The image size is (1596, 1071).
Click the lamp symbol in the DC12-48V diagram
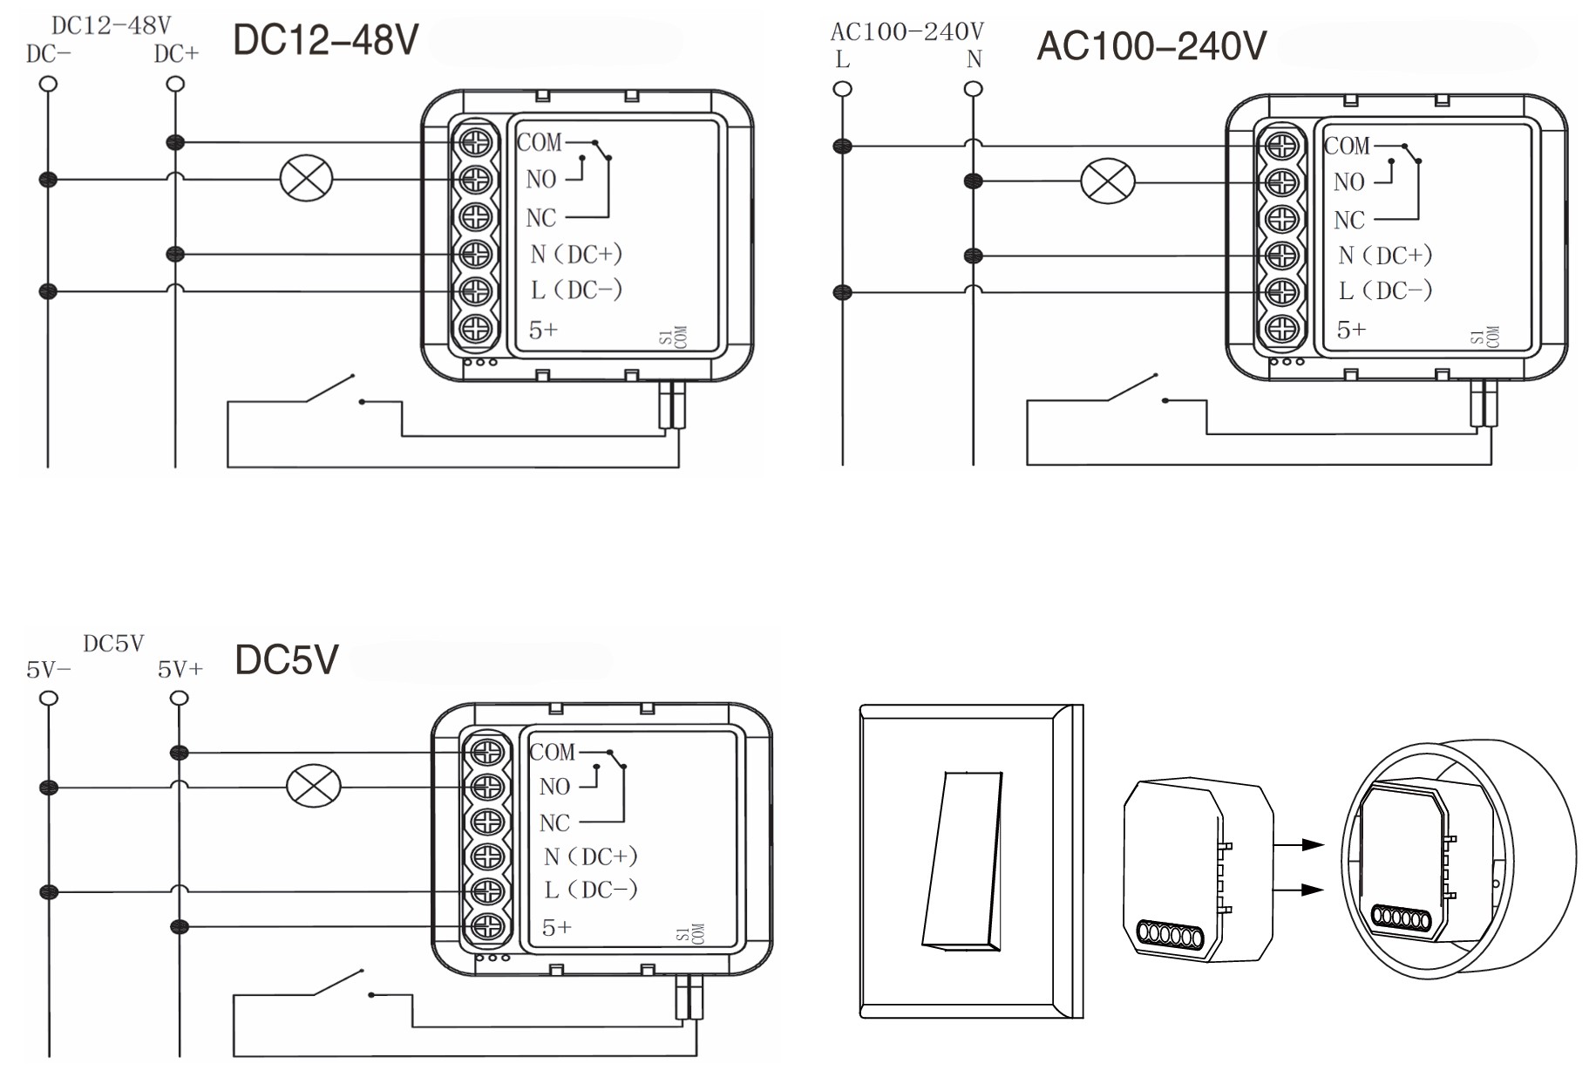coord(306,179)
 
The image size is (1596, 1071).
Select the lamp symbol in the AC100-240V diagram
coord(1107,181)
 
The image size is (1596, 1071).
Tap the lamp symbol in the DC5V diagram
coord(314,786)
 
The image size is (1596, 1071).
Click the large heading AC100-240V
coord(1151,45)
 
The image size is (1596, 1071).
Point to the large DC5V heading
coord(286,659)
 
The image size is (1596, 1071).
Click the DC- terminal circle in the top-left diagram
coord(49,84)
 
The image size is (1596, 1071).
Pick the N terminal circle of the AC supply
coord(974,89)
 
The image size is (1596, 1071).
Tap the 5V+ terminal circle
coord(180,698)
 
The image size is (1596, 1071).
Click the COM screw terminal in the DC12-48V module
coord(476,142)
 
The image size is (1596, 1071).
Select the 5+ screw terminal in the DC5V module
coord(487,926)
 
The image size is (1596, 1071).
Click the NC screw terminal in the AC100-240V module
coord(1281,219)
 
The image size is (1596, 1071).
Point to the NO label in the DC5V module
coord(554,787)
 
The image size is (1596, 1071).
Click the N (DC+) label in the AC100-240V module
coord(1385,256)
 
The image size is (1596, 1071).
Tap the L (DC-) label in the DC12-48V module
coord(576,290)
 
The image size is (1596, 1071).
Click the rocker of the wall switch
coord(962,859)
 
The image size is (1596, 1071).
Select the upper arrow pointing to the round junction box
coord(1300,844)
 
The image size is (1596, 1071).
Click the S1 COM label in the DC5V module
coord(689,934)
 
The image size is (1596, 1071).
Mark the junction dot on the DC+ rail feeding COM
coord(175,142)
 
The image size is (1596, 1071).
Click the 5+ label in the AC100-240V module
coord(1351,330)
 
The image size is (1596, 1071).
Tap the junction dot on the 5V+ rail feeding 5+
coord(180,926)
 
